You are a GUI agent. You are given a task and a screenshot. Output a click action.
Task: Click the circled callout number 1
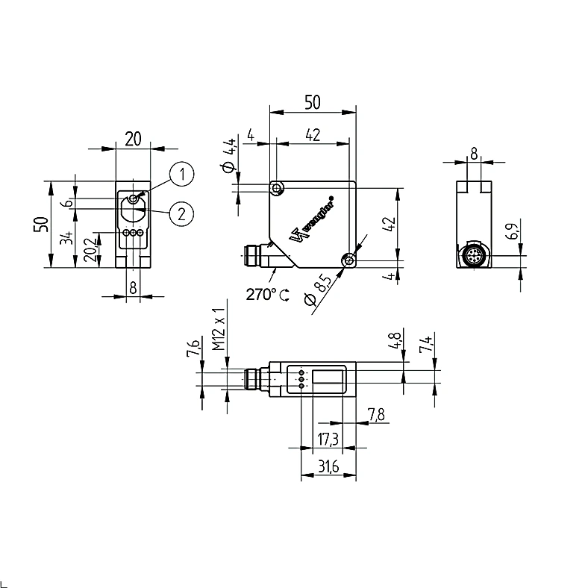[182, 174]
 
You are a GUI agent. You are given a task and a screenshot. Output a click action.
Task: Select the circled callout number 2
[182, 214]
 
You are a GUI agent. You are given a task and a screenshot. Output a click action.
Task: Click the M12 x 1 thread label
[218, 329]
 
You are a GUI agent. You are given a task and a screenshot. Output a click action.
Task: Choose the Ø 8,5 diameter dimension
[318, 290]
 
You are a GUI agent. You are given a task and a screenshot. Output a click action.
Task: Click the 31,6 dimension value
[328, 466]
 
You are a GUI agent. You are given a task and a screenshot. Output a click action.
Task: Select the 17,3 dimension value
[328, 439]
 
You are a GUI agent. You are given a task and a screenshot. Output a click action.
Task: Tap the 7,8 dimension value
[376, 414]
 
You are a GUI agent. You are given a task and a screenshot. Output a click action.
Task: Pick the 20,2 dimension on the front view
[91, 250]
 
